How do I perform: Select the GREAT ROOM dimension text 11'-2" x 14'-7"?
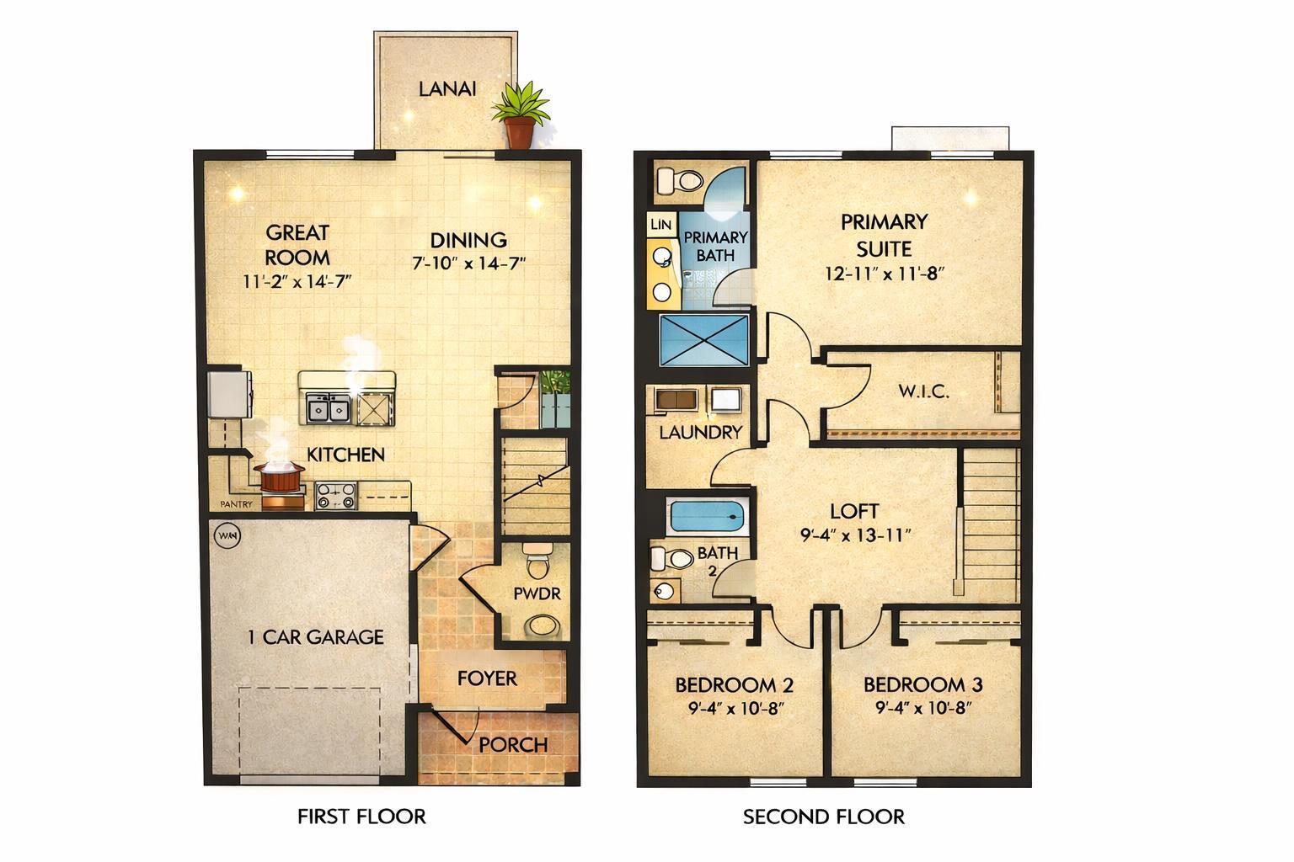(x=297, y=282)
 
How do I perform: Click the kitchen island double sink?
(x=329, y=409)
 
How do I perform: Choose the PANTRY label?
(x=237, y=504)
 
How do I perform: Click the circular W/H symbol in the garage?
(x=227, y=535)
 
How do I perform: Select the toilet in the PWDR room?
(x=536, y=558)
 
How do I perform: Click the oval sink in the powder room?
(x=543, y=625)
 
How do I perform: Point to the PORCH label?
(x=513, y=745)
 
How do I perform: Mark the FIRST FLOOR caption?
(x=361, y=817)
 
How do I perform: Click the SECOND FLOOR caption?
(x=823, y=817)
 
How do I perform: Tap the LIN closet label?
(x=661, y=224)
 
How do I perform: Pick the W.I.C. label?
(x=923, y=391)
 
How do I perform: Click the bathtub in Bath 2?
(x=707, y=516)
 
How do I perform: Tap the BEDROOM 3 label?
(x=922, y=684)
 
